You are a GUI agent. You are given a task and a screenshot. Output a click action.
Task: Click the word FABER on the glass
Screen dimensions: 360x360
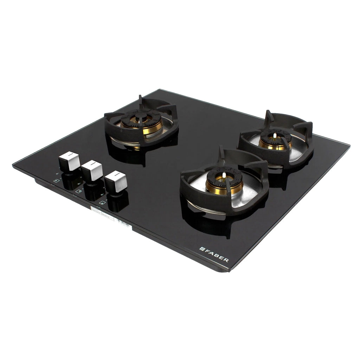click(x=217, y=255)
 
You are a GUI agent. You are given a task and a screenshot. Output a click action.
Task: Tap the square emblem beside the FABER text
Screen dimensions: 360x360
click(x=202, y=249)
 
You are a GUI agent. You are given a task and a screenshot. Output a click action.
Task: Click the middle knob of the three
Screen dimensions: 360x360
click(x=92, y=171)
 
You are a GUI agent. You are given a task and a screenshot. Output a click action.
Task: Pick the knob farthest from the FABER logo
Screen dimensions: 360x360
click(x=69, y=161)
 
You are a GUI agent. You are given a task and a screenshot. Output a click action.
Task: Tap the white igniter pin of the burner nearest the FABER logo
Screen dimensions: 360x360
click(x=224, y=175)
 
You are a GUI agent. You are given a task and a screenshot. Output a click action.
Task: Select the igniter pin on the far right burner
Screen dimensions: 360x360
click(x=275, y=135)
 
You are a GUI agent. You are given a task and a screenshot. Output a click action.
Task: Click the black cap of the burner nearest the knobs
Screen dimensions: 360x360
click(x=141, y=116)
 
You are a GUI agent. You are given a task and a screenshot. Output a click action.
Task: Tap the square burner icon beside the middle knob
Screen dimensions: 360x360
click(x=78, y=191)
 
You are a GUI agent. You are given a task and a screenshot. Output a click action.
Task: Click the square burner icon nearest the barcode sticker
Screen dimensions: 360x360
click(x=102, y=202)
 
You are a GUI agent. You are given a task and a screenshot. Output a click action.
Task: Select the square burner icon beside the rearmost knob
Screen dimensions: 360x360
click(x=56, y=181)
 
